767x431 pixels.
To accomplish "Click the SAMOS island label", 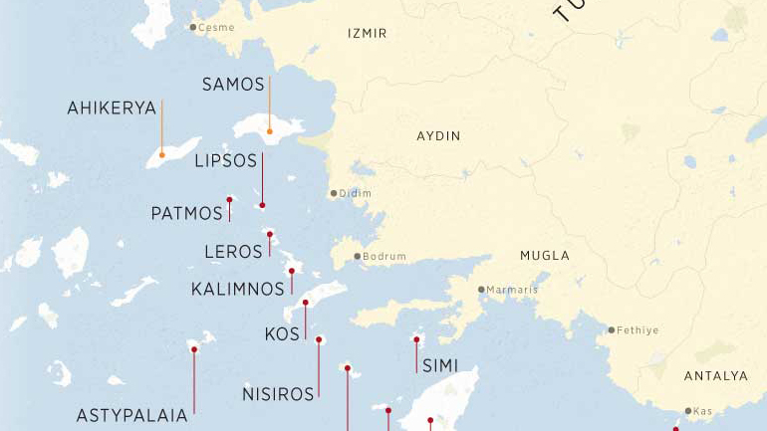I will (233, 85).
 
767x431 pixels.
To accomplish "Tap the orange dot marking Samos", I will (269, 131).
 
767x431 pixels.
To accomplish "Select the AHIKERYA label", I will (112, 108).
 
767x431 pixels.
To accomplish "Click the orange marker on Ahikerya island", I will (161, 154).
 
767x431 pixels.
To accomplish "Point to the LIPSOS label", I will (225, 160).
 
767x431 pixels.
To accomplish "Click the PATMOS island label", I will (186, 214).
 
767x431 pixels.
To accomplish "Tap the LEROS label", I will (233, 253).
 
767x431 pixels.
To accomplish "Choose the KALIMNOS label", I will (237, 290).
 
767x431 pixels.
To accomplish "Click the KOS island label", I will (282, 334).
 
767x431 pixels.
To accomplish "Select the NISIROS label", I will (278, 395).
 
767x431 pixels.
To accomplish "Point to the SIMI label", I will (440, 366).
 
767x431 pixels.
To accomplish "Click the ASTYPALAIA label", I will (131, 416).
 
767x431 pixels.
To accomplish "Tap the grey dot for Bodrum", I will (358, 257).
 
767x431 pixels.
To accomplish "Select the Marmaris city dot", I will (481, 290).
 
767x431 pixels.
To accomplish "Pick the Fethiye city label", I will (638, 330).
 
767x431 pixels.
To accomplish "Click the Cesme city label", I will (216, 28).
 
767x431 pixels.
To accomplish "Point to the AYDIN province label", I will (438, 136).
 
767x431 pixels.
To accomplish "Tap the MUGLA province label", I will (545, 256).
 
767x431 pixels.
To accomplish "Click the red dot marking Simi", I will (416, 339).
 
